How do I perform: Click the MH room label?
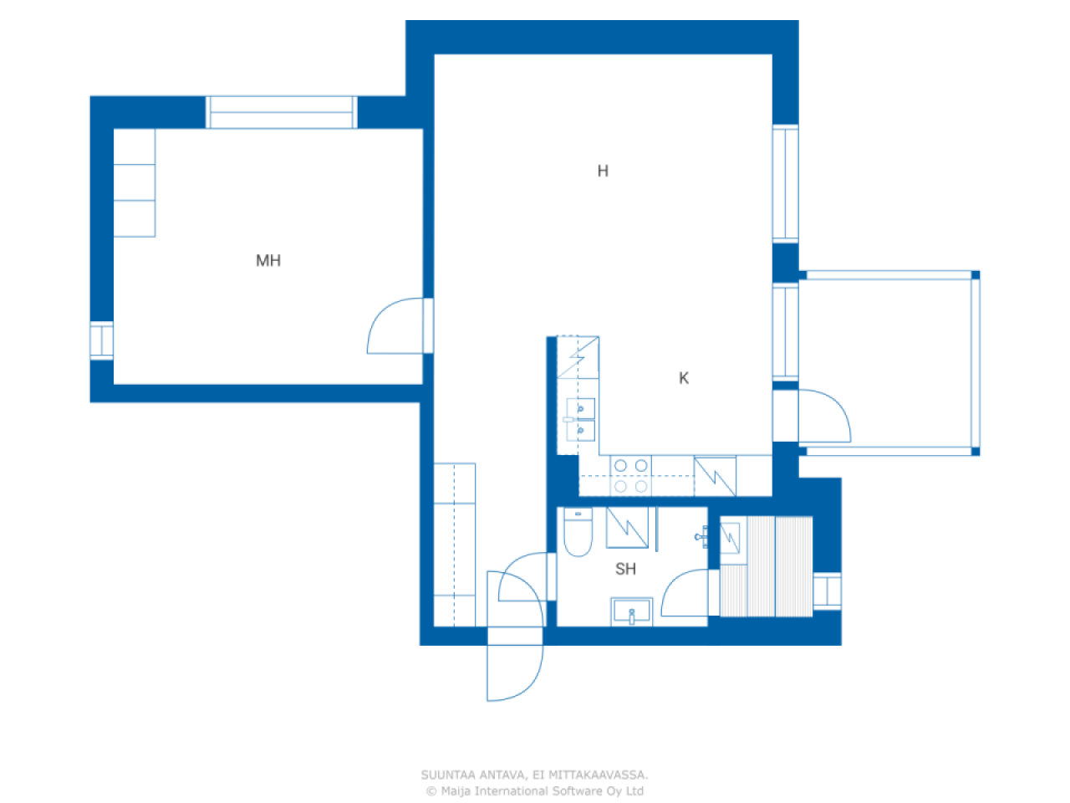(x=268, y=261)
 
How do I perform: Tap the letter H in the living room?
(x=603, y=171)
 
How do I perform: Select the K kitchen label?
(x=684, y=378)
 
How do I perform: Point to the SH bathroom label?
(x=625, y=569)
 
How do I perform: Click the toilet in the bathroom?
(x=578, y=531)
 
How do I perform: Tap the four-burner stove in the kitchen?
(x=631, y=476)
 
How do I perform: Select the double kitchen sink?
(x=579, y=420)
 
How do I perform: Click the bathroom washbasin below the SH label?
(x=632, y=611)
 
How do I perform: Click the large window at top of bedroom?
(x=281, y=112)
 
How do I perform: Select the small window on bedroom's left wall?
(x=102, y=340)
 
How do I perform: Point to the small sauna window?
(x=828, y=591)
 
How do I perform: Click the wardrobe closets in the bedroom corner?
(x=135, y=183)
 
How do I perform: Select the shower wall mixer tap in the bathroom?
(x=701, y=537)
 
